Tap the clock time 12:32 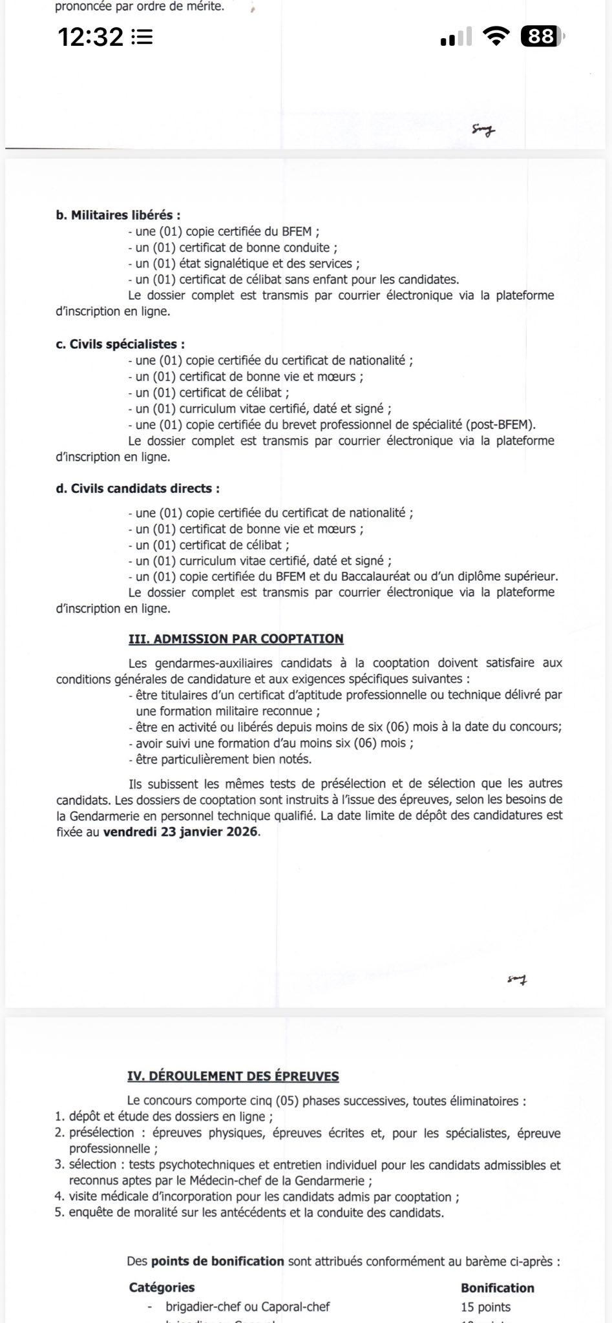[90, 37]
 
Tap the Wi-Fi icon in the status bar [496, 37]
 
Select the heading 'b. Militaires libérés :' [118, 215]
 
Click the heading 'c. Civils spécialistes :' [120, 344]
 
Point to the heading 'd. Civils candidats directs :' [138, 488]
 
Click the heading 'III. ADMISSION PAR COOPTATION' [236, 639]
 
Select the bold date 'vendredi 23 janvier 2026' [181, 831]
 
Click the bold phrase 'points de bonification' [218, 1260]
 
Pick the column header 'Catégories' [162, 1287]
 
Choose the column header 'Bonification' [498, 1287]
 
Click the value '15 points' [485, 1307]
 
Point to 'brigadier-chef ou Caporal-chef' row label [248, 1307]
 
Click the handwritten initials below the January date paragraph [517, 980]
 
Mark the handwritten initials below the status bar [483, 131]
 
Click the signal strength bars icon [456, 37]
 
